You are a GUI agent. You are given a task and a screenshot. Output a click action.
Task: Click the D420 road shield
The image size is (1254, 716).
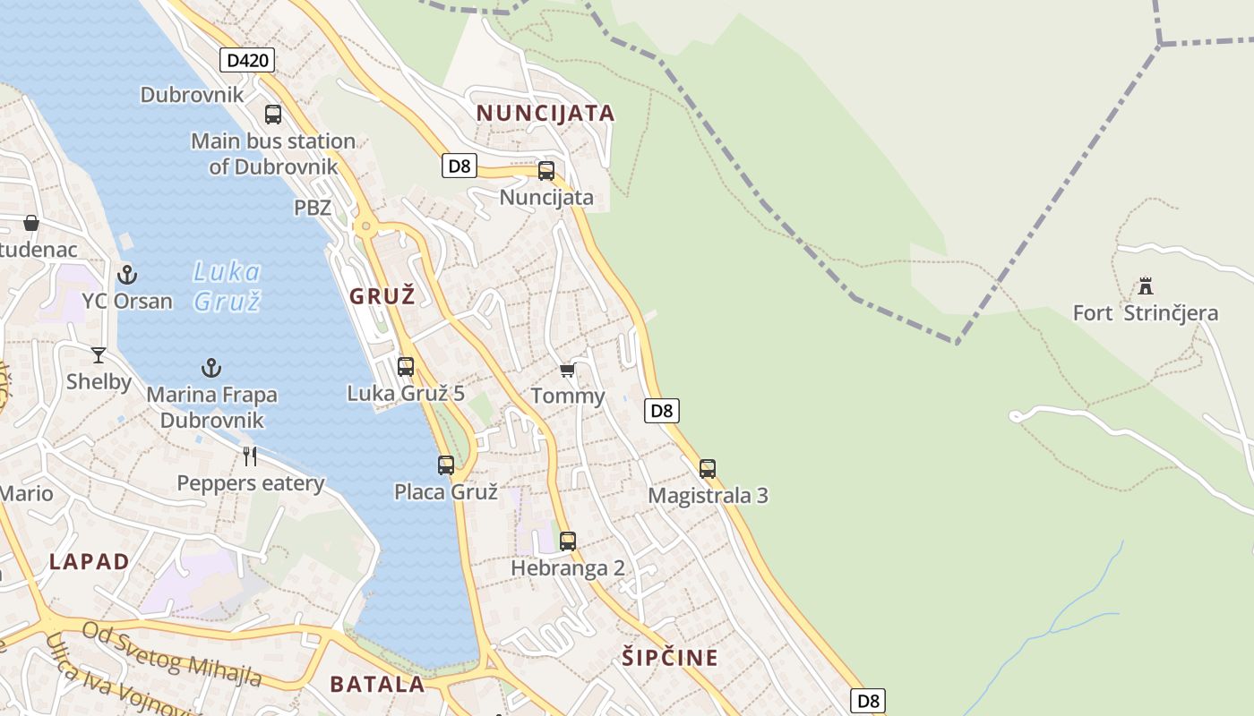click(246, 60)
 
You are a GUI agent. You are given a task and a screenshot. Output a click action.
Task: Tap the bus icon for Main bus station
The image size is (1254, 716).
click(273, 115)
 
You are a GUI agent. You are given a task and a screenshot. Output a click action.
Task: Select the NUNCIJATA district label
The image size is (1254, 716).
click(545, 113)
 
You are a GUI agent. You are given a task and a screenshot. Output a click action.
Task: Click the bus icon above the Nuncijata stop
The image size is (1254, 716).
click(546, 171)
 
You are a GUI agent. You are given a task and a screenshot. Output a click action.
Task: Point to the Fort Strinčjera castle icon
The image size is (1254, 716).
click(1145, 287)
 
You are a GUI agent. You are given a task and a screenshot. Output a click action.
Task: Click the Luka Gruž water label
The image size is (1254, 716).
click(227, 286)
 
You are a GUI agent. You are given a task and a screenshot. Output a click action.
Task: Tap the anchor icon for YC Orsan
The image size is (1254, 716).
click(127, 274)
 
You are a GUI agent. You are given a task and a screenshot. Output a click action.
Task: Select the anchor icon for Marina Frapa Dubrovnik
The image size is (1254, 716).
click(211, 368)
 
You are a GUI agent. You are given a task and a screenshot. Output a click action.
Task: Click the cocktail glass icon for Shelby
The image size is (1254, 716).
click(99, 355)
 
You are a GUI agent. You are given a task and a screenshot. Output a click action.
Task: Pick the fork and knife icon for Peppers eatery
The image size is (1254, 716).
click(250, 456)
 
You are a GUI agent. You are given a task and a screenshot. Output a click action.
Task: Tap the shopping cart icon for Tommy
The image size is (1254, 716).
click(567, 370)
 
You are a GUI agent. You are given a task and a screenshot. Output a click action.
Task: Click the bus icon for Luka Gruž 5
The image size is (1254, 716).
click(406, 366)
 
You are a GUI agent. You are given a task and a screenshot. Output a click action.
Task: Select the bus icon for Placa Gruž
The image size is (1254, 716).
click(446, 465)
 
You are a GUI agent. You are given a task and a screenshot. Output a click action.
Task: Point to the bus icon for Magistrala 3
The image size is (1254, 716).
click(708, 469)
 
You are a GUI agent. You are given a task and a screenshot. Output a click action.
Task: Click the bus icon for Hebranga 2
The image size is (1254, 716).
click(568, 541)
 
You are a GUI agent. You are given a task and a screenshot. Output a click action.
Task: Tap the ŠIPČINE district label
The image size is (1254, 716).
click(670, 658)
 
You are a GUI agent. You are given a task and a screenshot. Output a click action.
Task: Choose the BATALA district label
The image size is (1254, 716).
click(377, 684)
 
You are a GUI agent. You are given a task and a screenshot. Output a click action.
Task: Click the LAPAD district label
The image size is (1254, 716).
click(90, 561)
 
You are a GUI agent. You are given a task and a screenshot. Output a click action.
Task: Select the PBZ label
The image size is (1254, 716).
click(313, 208)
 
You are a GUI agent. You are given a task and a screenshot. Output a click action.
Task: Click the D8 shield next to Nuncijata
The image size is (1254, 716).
click(460, 166)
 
